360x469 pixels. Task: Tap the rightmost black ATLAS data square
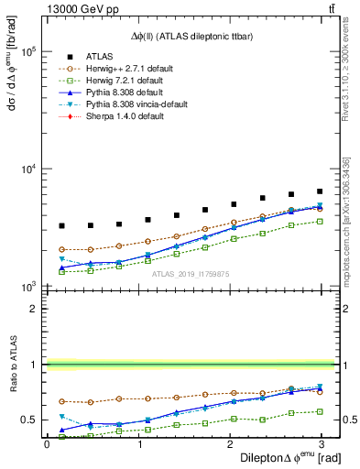[x=320, y=191]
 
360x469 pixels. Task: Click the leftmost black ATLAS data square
[x=61, y=225]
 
